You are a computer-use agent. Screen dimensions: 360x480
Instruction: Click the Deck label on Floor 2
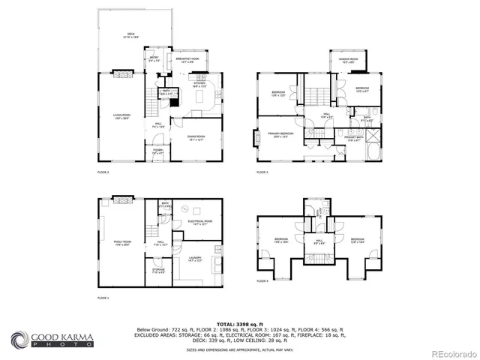point(130,36)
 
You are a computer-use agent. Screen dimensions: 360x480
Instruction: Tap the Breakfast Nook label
point(187,60)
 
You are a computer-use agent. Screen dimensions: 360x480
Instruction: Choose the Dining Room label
point(196,137)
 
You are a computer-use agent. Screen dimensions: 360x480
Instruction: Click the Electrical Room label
point(201,222)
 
